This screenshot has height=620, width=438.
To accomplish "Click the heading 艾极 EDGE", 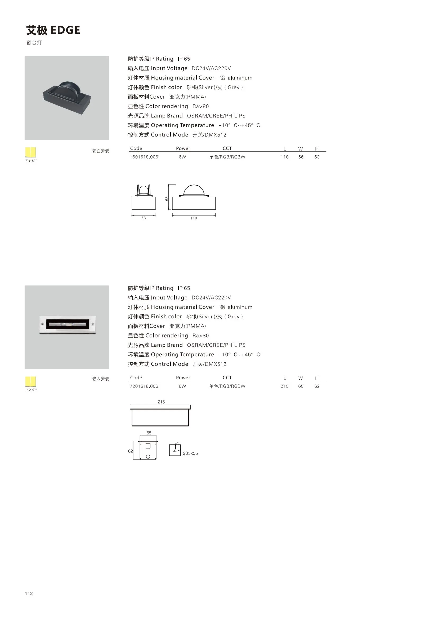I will pyautogui.click(x=53, y=30).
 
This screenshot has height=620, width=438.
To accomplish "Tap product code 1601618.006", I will pyautogui.click(x=144, y=157).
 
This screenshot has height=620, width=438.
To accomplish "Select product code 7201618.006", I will pyautogui.click(x=144, y=386).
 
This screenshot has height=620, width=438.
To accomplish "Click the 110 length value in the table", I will pyautogui.click(x=284, y=157).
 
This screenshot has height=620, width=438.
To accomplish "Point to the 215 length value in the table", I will pyautogui.click(x=284, y=386).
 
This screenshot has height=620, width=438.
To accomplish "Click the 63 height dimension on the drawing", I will pyautogui.click(x=167, y=199).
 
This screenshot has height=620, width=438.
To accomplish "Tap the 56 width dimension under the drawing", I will pyautogui.click(x=144, y=218).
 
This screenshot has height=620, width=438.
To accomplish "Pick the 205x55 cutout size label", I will pyautogui.click(x=190, y=453).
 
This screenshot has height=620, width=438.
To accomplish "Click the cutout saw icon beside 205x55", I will pyautogui.click(x=175, y=449).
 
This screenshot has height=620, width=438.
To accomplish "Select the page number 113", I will pyautogui.click(x=29, y=593).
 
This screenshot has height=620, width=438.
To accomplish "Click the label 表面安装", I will pyautogui.click(x=101, y=151).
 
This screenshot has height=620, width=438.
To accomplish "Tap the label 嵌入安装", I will pyautogui.click(x=101, y=379).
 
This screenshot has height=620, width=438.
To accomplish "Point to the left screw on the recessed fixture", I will pyautogui.click(x=43, y=324).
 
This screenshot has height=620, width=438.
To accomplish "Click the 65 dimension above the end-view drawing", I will pyautogui.click(x=149, y=433).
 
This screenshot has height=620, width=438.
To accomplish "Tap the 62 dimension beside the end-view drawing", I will pyautogui.click(x=131, y=451).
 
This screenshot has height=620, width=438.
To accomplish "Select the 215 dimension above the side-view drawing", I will pyautogui.click(x=161, y=402).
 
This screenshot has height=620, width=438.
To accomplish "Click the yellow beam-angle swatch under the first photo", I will pyautogui.click(x=30, y=152).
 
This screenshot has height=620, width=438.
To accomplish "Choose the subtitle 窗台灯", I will pyautogui.click(x=34, y=43).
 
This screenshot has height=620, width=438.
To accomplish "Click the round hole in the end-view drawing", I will pyautogui.click(x=148, y=457).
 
